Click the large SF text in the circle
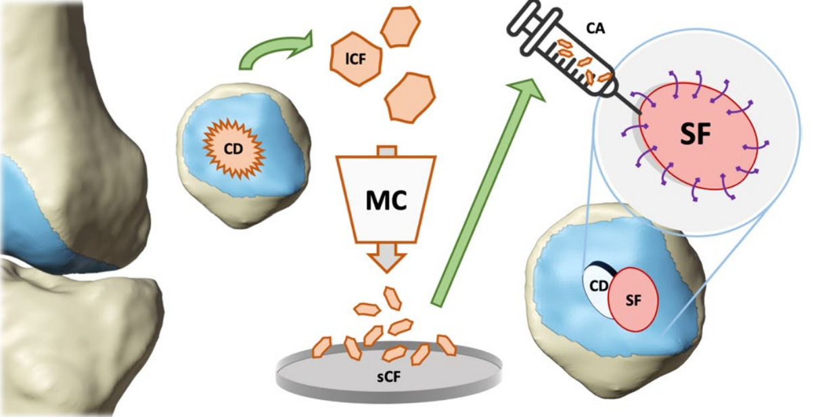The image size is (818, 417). (x=696, y=136)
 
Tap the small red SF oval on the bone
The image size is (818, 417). (x=634, y=301)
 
